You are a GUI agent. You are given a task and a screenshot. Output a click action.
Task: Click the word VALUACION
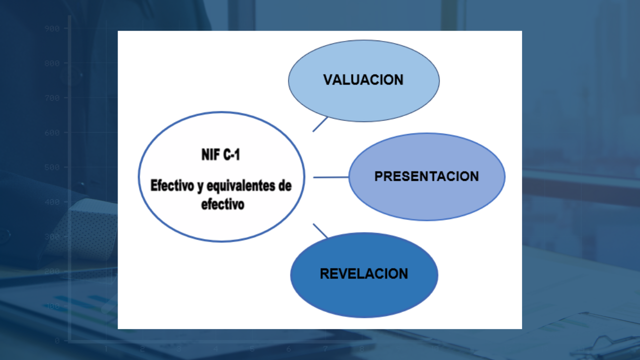coord(363,80)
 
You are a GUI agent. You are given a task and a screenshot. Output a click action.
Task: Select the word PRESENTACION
coord(426,176)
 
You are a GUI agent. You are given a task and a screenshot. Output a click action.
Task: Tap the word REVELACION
coord(364,274)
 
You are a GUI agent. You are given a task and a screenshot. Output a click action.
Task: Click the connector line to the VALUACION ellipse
coord(320,124)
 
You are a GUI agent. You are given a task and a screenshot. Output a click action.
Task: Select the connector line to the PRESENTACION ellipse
coord(330,177)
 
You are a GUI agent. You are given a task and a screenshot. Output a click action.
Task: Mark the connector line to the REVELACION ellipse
coord(320,231)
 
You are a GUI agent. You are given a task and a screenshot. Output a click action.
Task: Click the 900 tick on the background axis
coord(52,29)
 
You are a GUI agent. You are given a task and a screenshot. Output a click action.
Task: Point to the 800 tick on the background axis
coord(52,63)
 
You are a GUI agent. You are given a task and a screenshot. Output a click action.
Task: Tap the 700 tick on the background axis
coord(52,98)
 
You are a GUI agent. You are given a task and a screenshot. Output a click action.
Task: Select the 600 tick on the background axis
coord(52,133)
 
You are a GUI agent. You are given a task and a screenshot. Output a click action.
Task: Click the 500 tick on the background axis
coord(52,167)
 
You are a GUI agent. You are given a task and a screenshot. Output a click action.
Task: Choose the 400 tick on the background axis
coord(52,202)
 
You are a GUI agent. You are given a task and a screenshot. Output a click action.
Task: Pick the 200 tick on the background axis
coord(52,271)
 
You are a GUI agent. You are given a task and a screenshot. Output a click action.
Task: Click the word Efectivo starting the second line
coord(169,186)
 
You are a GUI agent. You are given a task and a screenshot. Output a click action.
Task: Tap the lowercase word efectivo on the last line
coord(222,204)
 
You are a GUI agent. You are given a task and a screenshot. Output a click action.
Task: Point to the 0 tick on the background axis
coord(57,340)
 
